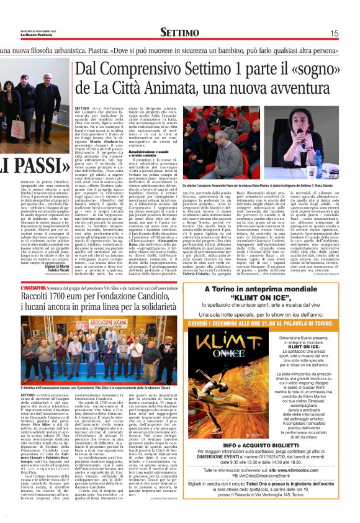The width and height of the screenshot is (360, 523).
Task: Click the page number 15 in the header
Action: point(335,34)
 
